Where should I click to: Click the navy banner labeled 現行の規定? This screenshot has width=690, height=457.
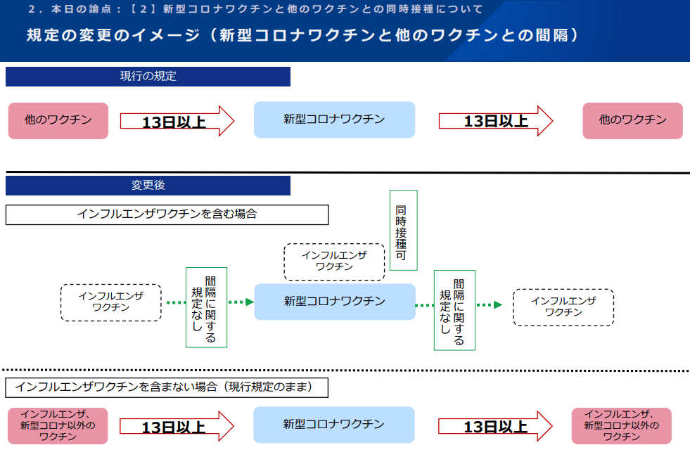148,77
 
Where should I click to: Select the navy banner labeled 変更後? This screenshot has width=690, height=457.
148,186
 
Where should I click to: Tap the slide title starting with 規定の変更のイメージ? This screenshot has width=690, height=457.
302,35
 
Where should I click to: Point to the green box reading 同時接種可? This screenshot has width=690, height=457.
403,230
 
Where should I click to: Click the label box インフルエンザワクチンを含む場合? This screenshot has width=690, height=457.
167,214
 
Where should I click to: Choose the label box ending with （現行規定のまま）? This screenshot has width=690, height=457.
167,387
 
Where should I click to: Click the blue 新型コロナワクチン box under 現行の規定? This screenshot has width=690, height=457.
334,120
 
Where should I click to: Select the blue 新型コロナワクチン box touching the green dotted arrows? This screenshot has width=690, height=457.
334,302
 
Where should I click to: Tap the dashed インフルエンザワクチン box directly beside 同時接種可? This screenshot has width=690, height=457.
334,261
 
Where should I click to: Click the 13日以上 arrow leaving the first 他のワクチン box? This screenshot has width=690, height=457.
177,121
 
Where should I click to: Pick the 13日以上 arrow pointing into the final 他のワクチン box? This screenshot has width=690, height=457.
496,121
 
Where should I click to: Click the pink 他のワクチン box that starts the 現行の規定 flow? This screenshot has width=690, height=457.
58,120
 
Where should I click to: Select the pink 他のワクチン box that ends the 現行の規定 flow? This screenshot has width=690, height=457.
632,120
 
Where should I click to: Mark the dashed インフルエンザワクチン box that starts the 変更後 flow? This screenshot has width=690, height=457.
111,302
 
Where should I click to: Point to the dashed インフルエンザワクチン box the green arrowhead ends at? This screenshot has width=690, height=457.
563,307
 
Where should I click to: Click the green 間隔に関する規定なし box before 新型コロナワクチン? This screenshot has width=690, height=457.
206,307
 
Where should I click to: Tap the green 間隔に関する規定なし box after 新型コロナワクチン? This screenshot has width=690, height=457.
454,310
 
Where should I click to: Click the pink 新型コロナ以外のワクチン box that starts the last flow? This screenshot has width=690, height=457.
58,425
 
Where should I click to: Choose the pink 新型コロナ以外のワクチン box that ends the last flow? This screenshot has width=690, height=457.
621,425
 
